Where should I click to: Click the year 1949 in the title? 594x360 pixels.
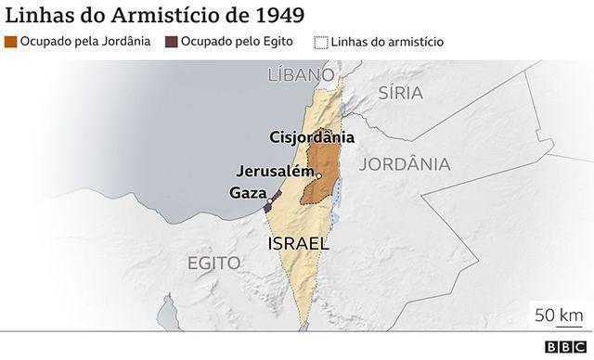pos(274,15)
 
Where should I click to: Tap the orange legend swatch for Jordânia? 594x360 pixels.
pos(10,42)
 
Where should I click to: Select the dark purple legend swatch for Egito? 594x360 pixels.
pos(172,42)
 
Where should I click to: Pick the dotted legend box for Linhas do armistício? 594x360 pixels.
pos(322,42)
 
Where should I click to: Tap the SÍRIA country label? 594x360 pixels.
pos(400,92)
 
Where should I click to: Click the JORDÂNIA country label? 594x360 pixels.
pos(404,164)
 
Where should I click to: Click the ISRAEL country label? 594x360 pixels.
pos(298,243)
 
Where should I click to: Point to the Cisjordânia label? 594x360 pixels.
pos(312,136)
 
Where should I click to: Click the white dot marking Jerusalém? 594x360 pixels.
pos(318,175)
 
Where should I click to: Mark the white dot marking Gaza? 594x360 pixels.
pos(270,200)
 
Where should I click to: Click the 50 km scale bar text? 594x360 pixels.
pos(558,314)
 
